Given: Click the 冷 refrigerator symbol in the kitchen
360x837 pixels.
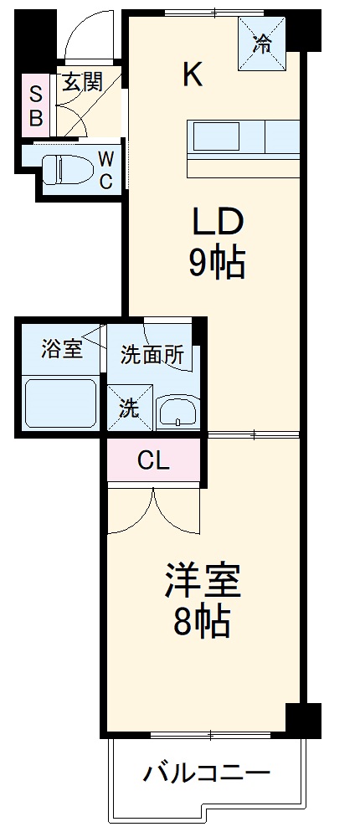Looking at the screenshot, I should point(262,44).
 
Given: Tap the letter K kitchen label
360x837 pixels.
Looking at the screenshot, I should point(192,75).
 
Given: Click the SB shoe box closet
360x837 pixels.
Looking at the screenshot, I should point(36,105).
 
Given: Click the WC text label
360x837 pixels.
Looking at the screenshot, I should point(105,170).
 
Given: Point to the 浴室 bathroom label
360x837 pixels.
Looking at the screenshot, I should point(61,349).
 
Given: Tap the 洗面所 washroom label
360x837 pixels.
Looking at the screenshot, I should point(151,354).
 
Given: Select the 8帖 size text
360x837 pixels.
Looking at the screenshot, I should point(203,622).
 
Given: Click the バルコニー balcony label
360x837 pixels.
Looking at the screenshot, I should point(204,771).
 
